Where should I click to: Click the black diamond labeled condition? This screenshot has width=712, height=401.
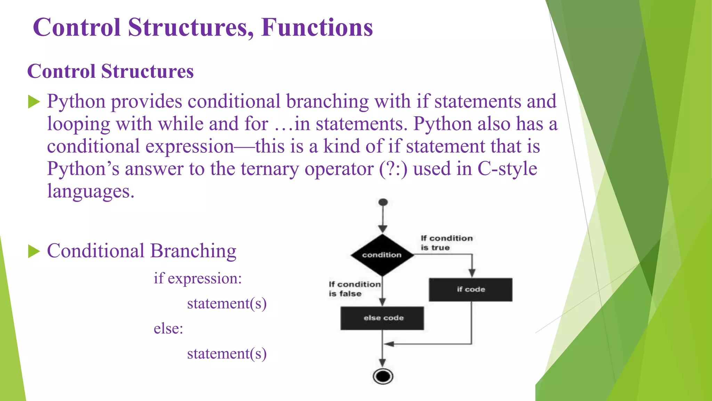click(382, 255)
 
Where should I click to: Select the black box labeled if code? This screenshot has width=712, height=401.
click(470, 289)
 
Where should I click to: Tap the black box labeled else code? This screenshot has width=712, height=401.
click(382, 318)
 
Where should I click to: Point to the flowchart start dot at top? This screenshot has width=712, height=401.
click(383, 202)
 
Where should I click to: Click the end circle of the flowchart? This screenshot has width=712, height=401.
click(383, 376)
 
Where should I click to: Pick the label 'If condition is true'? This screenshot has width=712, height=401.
click(446, 243)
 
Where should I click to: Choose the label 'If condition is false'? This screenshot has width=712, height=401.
click(354, 289)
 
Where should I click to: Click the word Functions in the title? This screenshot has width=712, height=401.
click(317, 27)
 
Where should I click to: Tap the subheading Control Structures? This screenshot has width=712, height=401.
click(110, 71)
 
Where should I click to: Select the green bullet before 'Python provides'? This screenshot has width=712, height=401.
click(34, 102)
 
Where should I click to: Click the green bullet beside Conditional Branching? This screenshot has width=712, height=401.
click(34, 251)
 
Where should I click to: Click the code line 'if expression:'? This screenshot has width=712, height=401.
click(197, 278)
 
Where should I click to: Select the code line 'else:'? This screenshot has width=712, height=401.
click(168, 328)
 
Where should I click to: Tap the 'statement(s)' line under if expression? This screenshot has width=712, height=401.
click(227, 303)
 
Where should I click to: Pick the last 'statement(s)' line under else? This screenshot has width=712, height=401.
click(227, 353)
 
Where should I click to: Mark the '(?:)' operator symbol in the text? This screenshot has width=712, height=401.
click(393, 170)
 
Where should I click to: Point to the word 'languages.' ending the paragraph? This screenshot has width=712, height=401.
click(90, 191)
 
